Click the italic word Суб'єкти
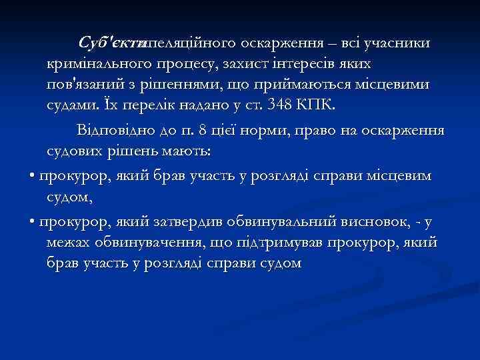point(111,43)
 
